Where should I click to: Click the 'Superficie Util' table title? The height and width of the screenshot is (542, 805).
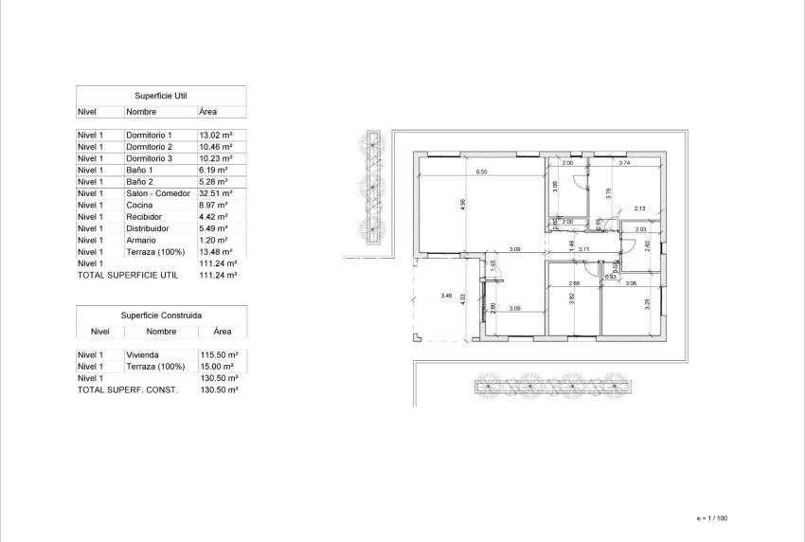tap(161, 96)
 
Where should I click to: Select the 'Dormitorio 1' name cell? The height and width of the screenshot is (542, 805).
tap(150, 136)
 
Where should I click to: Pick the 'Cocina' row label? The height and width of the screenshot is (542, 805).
tap(138, 205)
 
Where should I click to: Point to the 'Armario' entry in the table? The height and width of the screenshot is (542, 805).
tap(141, 240)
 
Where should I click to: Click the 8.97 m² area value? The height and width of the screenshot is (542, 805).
tap(214, 205)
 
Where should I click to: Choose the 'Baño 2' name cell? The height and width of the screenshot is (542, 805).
tap(140, 182)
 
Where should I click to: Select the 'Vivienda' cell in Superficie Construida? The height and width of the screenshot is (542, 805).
tap(142, 354)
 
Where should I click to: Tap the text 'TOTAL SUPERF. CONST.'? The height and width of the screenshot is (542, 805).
tap(127, 389)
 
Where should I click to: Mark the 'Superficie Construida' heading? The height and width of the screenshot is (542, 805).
tap(161, 315)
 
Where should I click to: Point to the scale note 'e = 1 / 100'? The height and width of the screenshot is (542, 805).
tap(710, 517)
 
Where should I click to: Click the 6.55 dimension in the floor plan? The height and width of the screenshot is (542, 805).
tap(482, 172)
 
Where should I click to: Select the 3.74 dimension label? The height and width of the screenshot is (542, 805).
tap(624, 163)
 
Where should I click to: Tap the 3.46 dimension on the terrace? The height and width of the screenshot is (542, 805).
tap(447, 297)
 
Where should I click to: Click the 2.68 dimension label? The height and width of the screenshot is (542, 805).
tap(574, 284)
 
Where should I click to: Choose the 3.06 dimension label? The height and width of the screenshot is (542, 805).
tap(631, 284)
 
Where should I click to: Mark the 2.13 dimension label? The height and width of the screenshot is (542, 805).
tap(639, 208)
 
